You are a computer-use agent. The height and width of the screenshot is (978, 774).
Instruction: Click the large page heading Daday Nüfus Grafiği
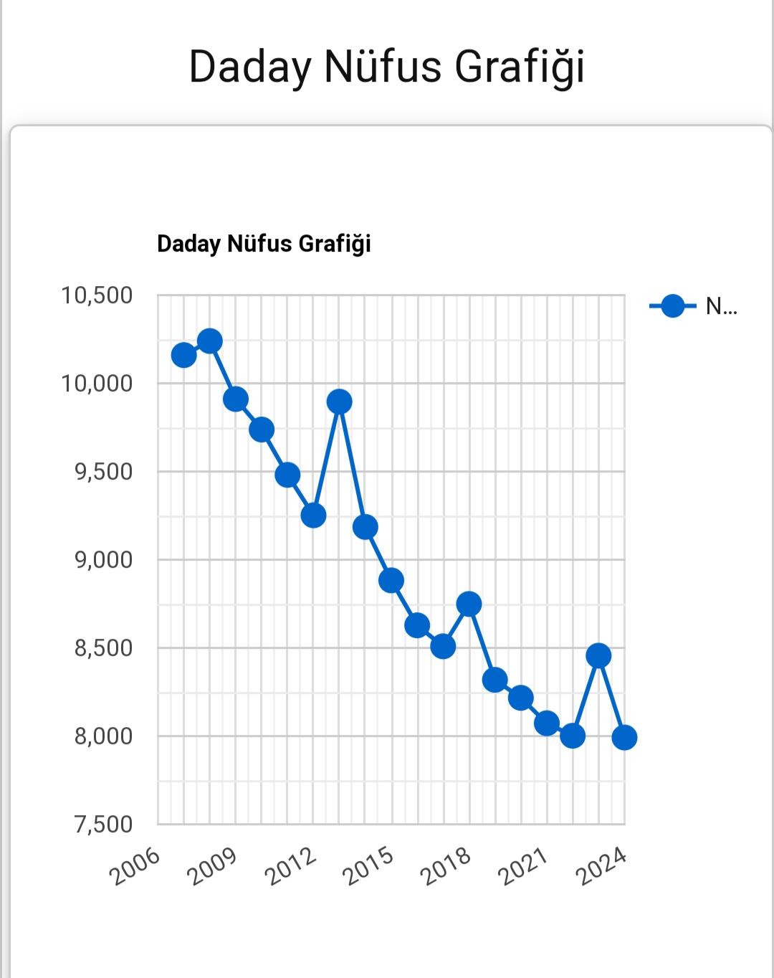(x=387, y=67)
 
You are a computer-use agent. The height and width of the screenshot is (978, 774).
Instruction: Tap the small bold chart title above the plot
(x=264, y=244)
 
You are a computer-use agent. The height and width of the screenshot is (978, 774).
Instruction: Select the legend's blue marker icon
(x=672, y=306)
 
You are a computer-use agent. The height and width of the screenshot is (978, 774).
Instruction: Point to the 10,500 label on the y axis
(x=97, y=295)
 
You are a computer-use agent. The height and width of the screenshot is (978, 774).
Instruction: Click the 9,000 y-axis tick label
(x=104, y=560)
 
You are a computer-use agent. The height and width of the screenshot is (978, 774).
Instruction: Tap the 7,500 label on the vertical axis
(x=104, y=825)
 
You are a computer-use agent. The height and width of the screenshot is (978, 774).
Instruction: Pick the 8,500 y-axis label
(x=104, y=648)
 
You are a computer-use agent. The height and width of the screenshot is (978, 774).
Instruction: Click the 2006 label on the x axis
(x=135, y=865)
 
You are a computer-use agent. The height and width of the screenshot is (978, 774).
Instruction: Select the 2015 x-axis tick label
(x=368, y=865)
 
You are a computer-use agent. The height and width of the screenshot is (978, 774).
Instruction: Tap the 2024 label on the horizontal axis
(x=601, y=865)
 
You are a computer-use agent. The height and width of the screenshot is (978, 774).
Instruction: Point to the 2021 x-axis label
(x=523, y=865)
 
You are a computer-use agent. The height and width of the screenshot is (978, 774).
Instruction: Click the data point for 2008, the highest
(x=209, y=341)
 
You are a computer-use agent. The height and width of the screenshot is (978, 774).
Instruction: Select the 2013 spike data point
(x=339, y=402)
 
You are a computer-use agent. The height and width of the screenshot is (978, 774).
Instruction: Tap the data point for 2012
(x=313, y=515)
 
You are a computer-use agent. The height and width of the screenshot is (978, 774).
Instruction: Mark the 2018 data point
(x=469, y=604)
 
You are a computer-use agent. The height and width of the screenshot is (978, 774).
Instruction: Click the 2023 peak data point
(x=598, y=655)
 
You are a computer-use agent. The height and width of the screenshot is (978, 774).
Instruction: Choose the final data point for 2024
(x=624, y=737)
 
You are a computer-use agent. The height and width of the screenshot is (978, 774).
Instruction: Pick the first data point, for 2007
(x=183, y=355)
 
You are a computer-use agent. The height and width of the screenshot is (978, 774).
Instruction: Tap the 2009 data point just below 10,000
(x=236, y=399)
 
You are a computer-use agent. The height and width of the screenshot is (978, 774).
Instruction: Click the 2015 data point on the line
(x=391, y=580)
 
